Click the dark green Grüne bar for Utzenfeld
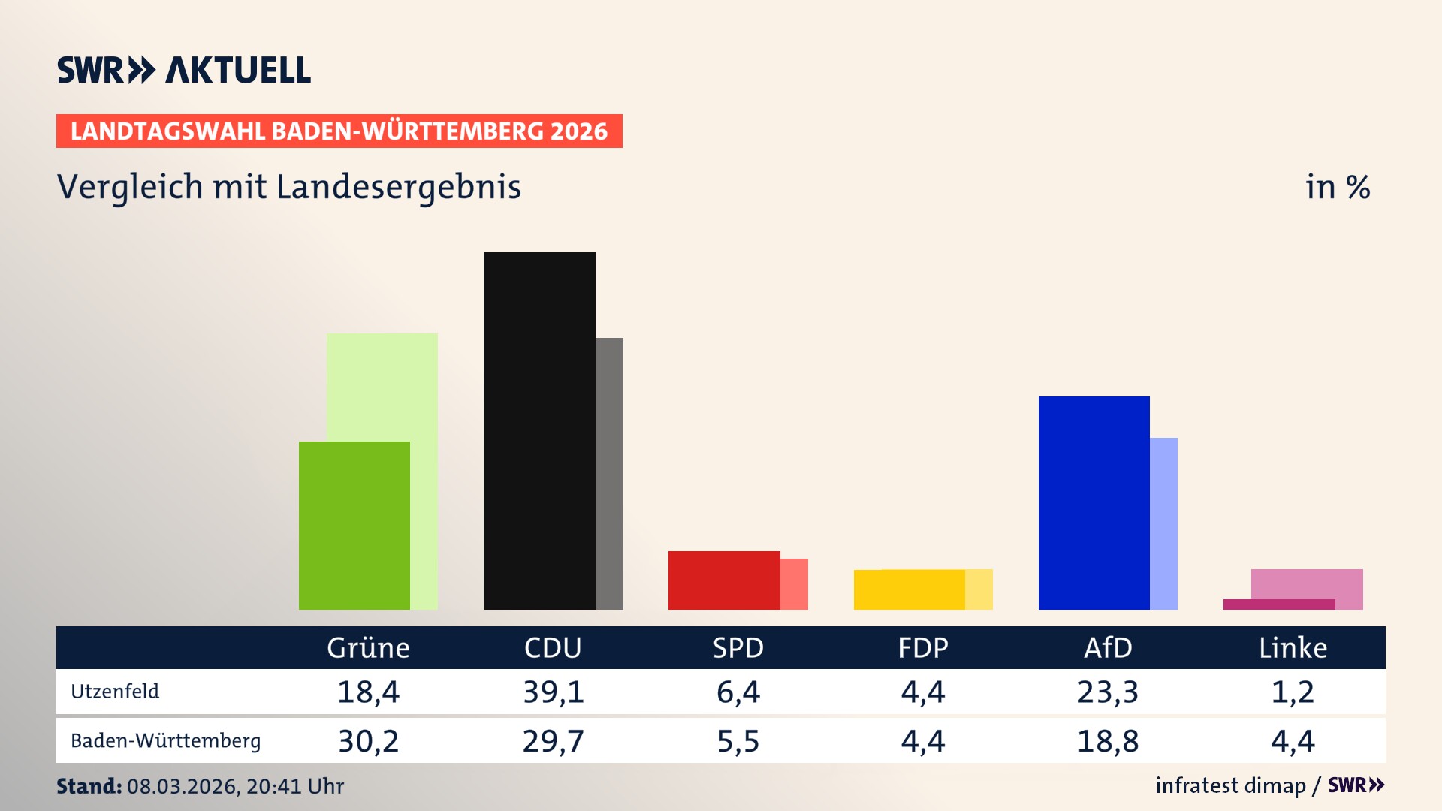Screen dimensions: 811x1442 pos(354,526)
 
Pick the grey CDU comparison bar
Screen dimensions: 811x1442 pos(609,473)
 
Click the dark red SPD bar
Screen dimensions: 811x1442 pos(723,580)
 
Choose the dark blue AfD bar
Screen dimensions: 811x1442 pos(1094,502)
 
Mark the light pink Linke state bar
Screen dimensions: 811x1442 pos(1307,583)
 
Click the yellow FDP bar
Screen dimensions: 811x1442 pos(909,589)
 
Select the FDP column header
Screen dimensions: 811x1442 pos(923,648)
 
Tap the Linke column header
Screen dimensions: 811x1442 pos(1293,648)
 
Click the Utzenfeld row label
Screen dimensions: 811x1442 pos(115,691)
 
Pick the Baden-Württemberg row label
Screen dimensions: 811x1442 pos(165,741)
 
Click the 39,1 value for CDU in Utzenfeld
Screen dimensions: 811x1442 pos(554,692)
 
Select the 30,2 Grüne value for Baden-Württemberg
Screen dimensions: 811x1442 pos(368,741)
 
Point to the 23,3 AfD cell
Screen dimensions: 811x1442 pos(1108,692)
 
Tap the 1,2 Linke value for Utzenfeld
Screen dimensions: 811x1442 pos(1293,692)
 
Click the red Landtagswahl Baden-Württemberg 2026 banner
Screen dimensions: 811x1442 pos(339,131)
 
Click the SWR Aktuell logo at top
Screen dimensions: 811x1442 pos(184,70)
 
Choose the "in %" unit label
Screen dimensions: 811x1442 pos(1338,187)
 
